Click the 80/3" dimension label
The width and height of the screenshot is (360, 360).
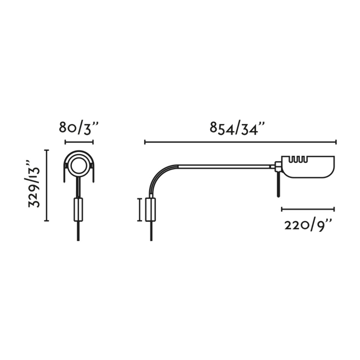click(78, 128)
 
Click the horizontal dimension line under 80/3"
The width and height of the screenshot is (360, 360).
click(79, 142)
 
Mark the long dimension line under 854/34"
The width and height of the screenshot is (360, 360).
click(240, 142)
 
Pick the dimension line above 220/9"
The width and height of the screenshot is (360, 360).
click(308, 209)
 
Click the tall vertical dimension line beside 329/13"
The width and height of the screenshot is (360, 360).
click(47, 185)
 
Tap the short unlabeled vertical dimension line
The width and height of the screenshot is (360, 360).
click(139, 210)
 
